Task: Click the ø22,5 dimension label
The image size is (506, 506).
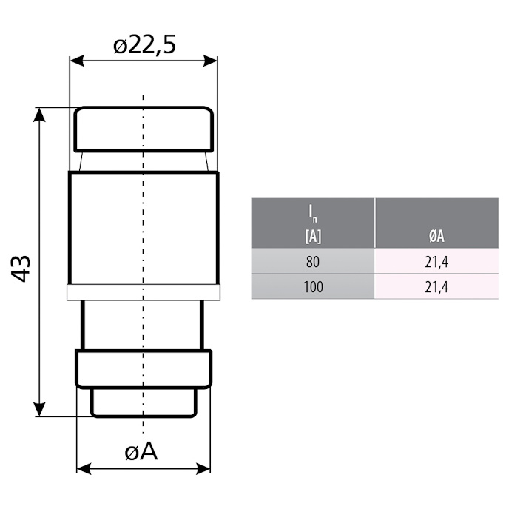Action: click(144, 45)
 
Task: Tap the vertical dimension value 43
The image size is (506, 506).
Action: click(21, 269)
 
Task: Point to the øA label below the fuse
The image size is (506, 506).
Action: click(141, 451)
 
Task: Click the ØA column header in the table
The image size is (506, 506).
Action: click(436, 236)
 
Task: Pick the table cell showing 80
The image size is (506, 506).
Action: click(313, 261)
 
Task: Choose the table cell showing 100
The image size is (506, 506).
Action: click(313, 286)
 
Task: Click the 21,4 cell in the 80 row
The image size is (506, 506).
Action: click(436, 261)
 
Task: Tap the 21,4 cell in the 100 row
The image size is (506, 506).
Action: click(436, 286)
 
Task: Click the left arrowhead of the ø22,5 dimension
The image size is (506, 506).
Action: click(77, 61)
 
